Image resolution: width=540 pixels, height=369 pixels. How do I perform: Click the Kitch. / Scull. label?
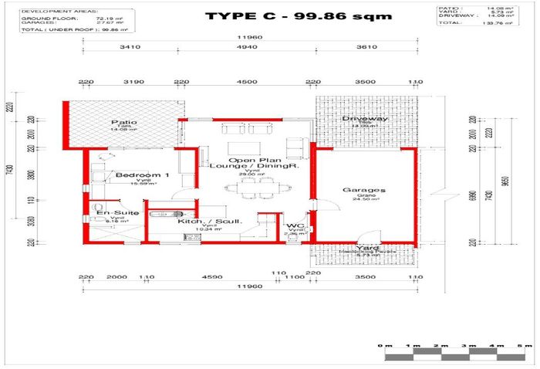pyautogui.click(x=210, y=222)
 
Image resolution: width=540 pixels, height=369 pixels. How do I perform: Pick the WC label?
pyautogui.click(x=294, y=227)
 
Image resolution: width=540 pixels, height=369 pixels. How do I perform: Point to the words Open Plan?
pyautogui.click(x=248, y=157)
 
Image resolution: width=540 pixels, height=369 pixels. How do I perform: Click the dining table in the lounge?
pyautogui.click(x=247, y=186)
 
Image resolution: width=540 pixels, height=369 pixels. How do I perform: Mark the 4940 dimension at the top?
pyautogui.click(x=245, y=46)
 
